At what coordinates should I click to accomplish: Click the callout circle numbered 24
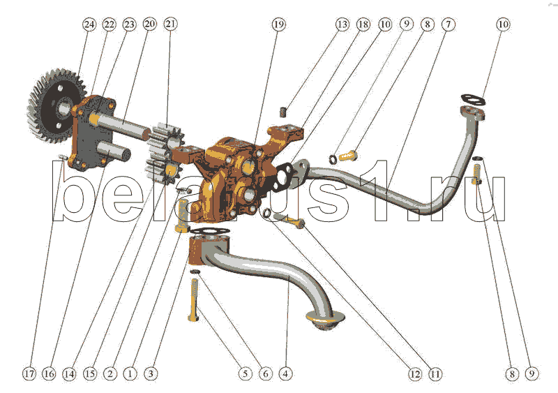pos(89,24)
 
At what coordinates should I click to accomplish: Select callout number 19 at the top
pos(278,24)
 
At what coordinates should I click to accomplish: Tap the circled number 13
pos(342,24)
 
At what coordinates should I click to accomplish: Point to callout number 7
pos(448,24)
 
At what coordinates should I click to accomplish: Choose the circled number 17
pos(29,373)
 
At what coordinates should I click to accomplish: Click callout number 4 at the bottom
pos(285,373)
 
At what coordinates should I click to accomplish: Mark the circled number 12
pos(414,373)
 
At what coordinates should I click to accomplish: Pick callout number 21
pos(170,24)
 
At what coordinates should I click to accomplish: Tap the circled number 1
pos(130,373)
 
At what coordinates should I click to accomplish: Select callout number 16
pos(49,373)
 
